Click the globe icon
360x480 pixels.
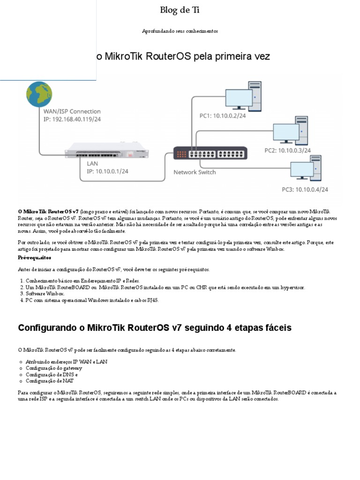(39, 95)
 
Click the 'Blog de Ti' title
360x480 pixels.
(176, 10)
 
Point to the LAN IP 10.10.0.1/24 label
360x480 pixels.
(107, 171)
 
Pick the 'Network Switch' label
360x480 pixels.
(195, 172)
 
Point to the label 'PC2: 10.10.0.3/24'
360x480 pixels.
(287, 150)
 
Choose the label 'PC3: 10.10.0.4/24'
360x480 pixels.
(305, 189)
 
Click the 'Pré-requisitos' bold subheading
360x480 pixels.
(35, 258)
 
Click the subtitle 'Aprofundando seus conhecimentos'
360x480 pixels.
(180, 31)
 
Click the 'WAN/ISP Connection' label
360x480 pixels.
(72, 112)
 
